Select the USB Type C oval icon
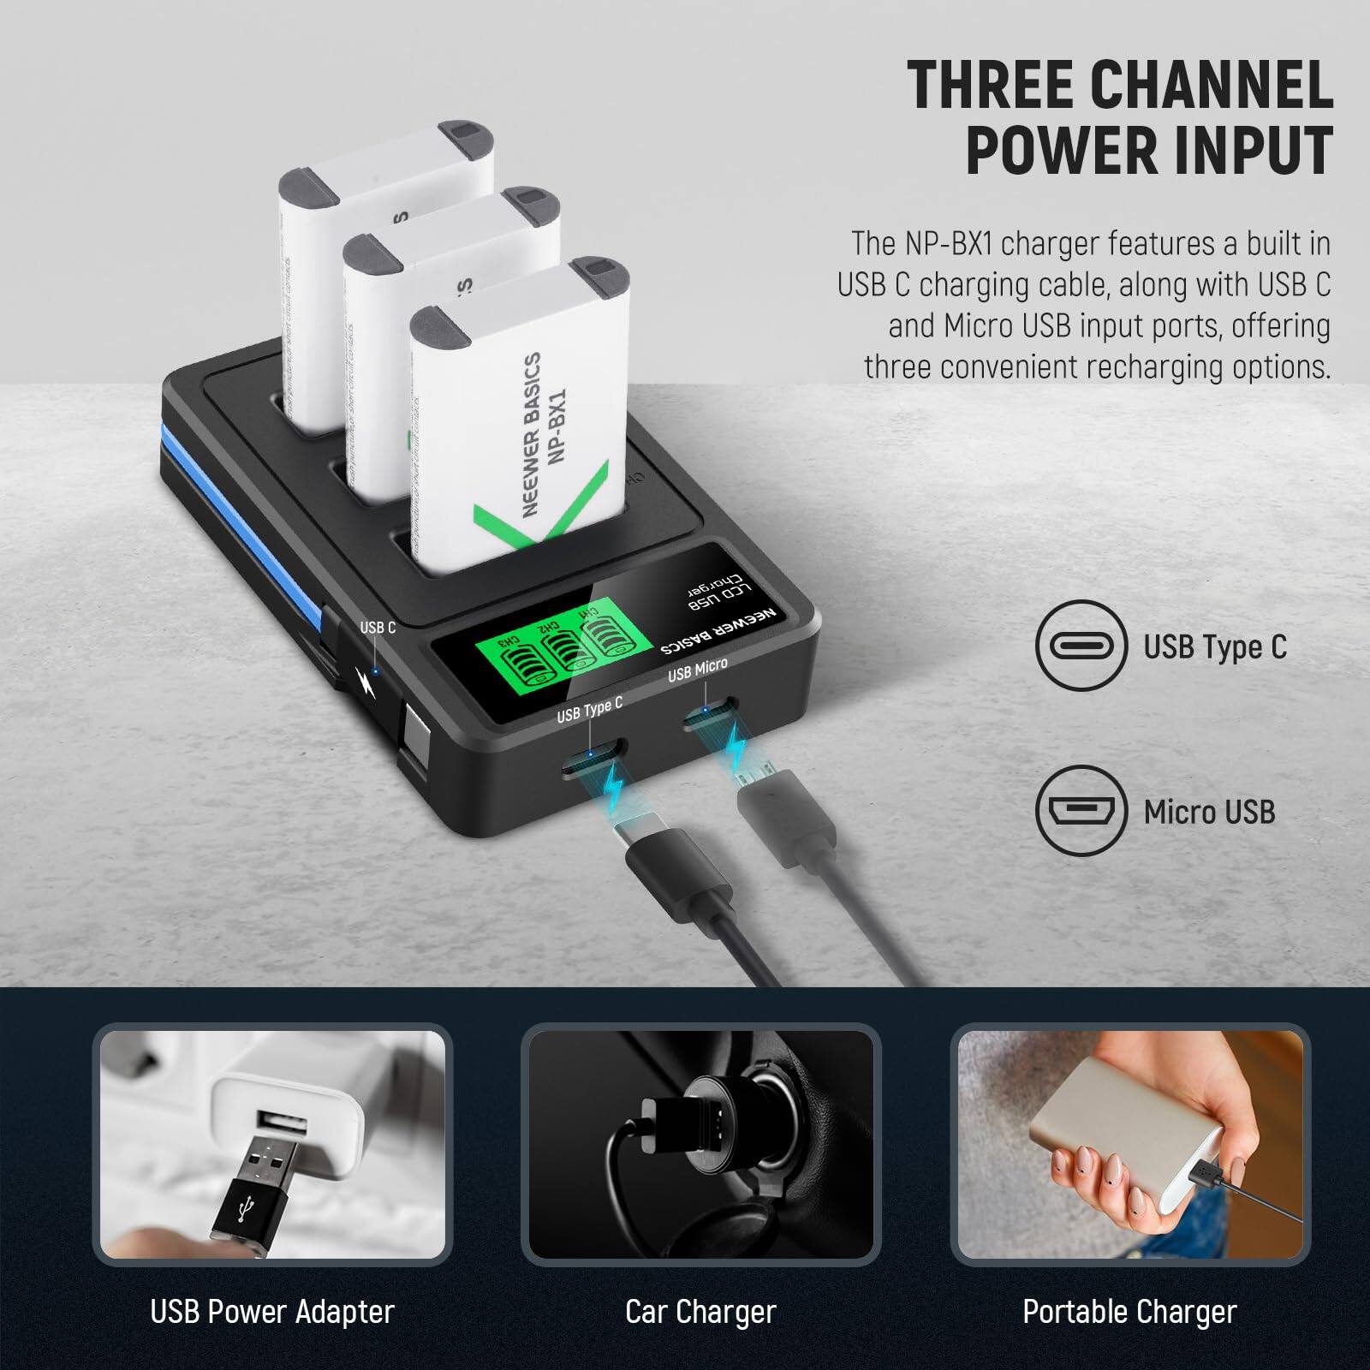1081,646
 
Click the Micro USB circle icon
1081,810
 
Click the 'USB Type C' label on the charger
589,709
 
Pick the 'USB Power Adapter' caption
272,1312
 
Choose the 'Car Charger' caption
700,1312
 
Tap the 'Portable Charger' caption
1129,1312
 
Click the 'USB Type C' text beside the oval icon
1215,647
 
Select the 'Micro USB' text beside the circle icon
1209,812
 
